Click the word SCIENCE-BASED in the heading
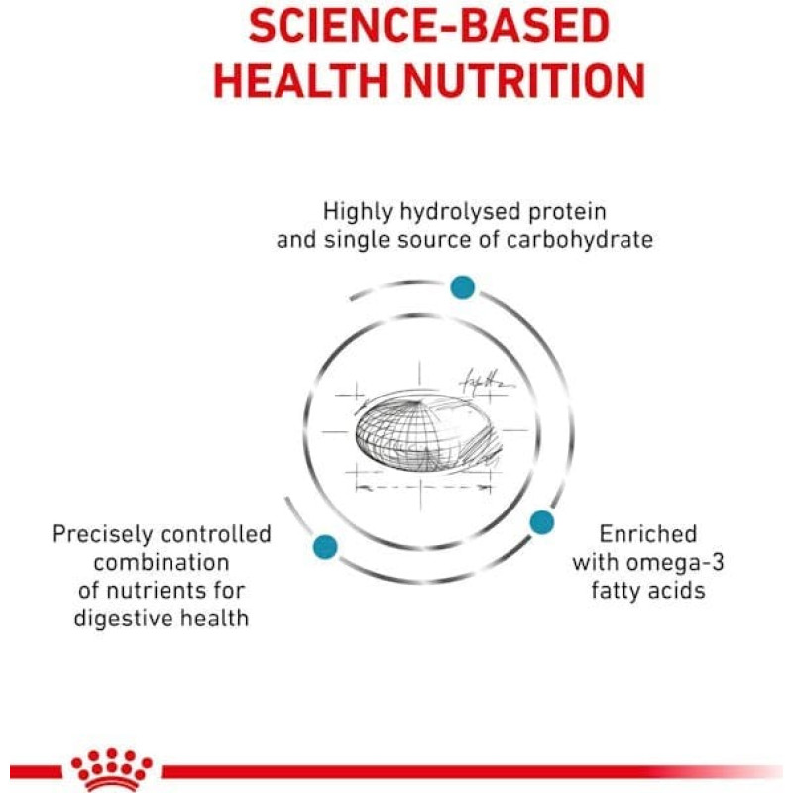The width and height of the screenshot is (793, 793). pos(429,27)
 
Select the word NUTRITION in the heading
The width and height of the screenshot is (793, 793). pos(525,81)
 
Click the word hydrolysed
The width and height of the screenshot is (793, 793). pos(460,212)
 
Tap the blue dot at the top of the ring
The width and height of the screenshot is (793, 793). pos(463,287)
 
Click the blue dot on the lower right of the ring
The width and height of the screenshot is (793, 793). pos(541,523)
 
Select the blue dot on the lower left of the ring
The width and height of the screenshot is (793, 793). pos(325,547)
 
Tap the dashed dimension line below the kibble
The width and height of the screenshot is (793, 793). pos(423,488)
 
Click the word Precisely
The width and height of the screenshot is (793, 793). pos(102,535)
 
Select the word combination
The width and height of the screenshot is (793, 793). pos(162,562)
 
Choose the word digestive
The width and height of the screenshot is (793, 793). pos(123,619)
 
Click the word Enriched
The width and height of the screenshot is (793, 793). pos(648,534)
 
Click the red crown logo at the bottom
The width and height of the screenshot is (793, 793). pos(112,770)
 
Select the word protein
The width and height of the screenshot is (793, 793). pos(567,212)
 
